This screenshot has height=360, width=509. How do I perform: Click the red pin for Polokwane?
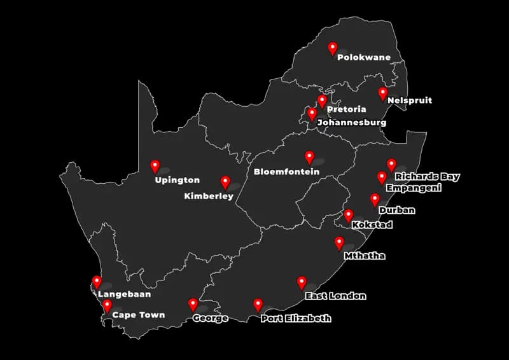click(x=332, y=48)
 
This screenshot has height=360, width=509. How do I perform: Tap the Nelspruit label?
click(x=409, y=100)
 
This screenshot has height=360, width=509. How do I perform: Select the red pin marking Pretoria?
click(x=322, y=100)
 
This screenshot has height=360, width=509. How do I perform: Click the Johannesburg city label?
click(x=351, y=122)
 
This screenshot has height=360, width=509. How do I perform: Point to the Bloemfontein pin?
click(x=309, y=156)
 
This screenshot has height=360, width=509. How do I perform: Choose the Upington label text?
click(x=177, y=180)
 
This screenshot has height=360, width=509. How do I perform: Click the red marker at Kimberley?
click(x=225, y=182)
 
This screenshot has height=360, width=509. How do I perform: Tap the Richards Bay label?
click(x=427, y=177)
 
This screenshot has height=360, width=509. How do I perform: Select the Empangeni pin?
click(x=382, y=177)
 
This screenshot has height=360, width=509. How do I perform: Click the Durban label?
click(x=396, y=211)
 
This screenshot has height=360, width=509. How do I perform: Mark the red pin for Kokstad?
click(x=348, y=215)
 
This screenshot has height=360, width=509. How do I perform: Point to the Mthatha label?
click(x=364, y=256)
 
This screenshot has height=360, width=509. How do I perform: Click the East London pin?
click(x=302, y=282)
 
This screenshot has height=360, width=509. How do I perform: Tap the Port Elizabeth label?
click(x=296, y=318)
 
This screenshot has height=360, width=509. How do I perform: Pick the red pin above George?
click(x=193, y=304)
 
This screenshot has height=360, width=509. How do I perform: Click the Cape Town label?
click(x=138, y=315)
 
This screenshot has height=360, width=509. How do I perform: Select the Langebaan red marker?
click(x=97, y=281)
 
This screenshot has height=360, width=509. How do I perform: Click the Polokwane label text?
click(x=363, y=57)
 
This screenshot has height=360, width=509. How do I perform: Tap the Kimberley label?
click(x=209, y=197)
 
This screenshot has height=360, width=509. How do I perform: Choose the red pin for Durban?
click(x=375, y=199)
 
